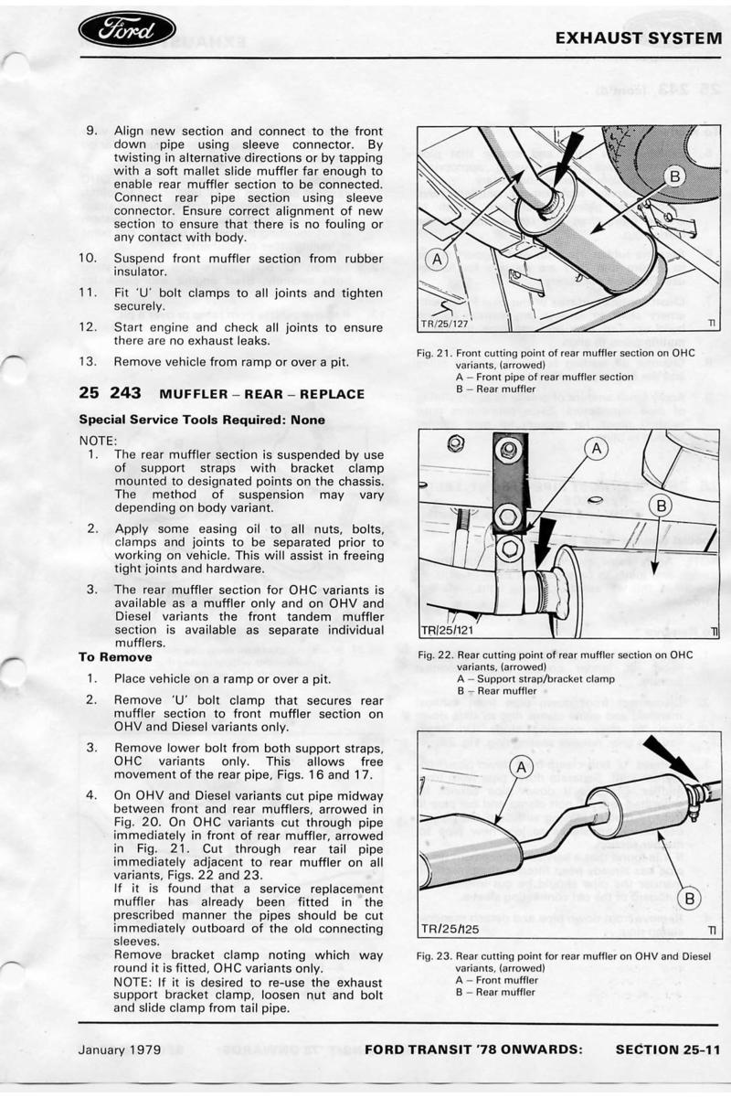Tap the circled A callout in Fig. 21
coord(437,259)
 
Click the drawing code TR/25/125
coord(450,928)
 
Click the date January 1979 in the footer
coord(120,1049)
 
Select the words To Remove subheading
coord(115,656)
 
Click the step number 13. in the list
coord(90,362)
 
